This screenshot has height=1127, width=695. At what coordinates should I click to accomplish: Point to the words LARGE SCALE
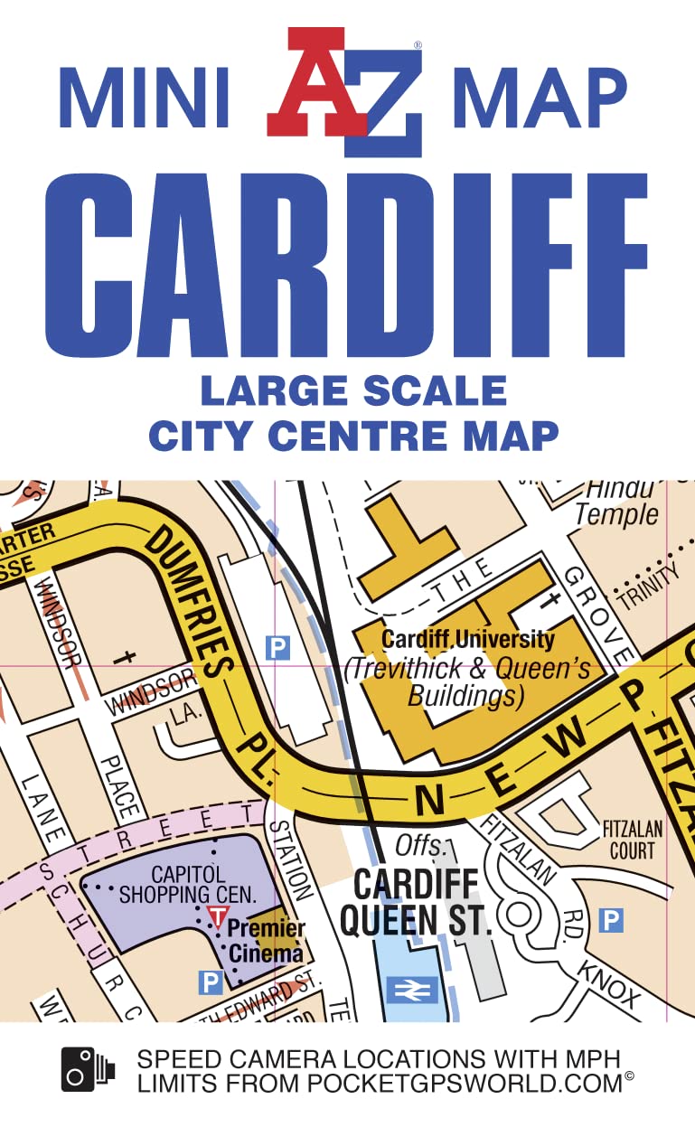coord(353,390)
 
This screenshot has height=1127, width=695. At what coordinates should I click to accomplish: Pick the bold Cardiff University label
coord(467,639)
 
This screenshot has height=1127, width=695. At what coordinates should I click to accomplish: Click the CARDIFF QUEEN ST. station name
coord(415,900)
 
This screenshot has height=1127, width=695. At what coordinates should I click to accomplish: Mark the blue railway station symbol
coord(412,991)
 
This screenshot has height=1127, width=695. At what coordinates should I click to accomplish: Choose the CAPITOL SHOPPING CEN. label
coord(190,885)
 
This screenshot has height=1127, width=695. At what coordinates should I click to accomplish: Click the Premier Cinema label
coord(266,940)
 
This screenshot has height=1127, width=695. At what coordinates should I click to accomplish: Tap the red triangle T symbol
coord(217,916)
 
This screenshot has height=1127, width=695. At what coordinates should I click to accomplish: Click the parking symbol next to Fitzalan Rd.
coord(612,921)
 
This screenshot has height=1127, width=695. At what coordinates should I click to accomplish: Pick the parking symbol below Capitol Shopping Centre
coord(211,981)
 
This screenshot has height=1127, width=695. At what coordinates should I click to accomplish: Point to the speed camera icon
coord(89,1069)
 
